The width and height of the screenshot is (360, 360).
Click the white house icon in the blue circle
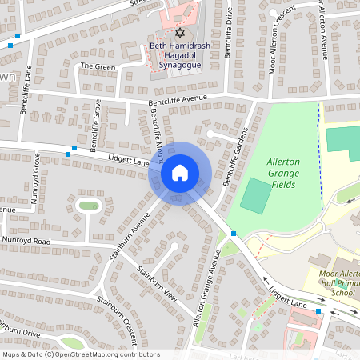pos(180,172)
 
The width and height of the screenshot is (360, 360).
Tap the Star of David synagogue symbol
pos(179,34)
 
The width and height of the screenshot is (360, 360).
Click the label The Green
pos(98,66)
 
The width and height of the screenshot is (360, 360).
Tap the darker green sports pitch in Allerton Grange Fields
pos(256,196)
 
